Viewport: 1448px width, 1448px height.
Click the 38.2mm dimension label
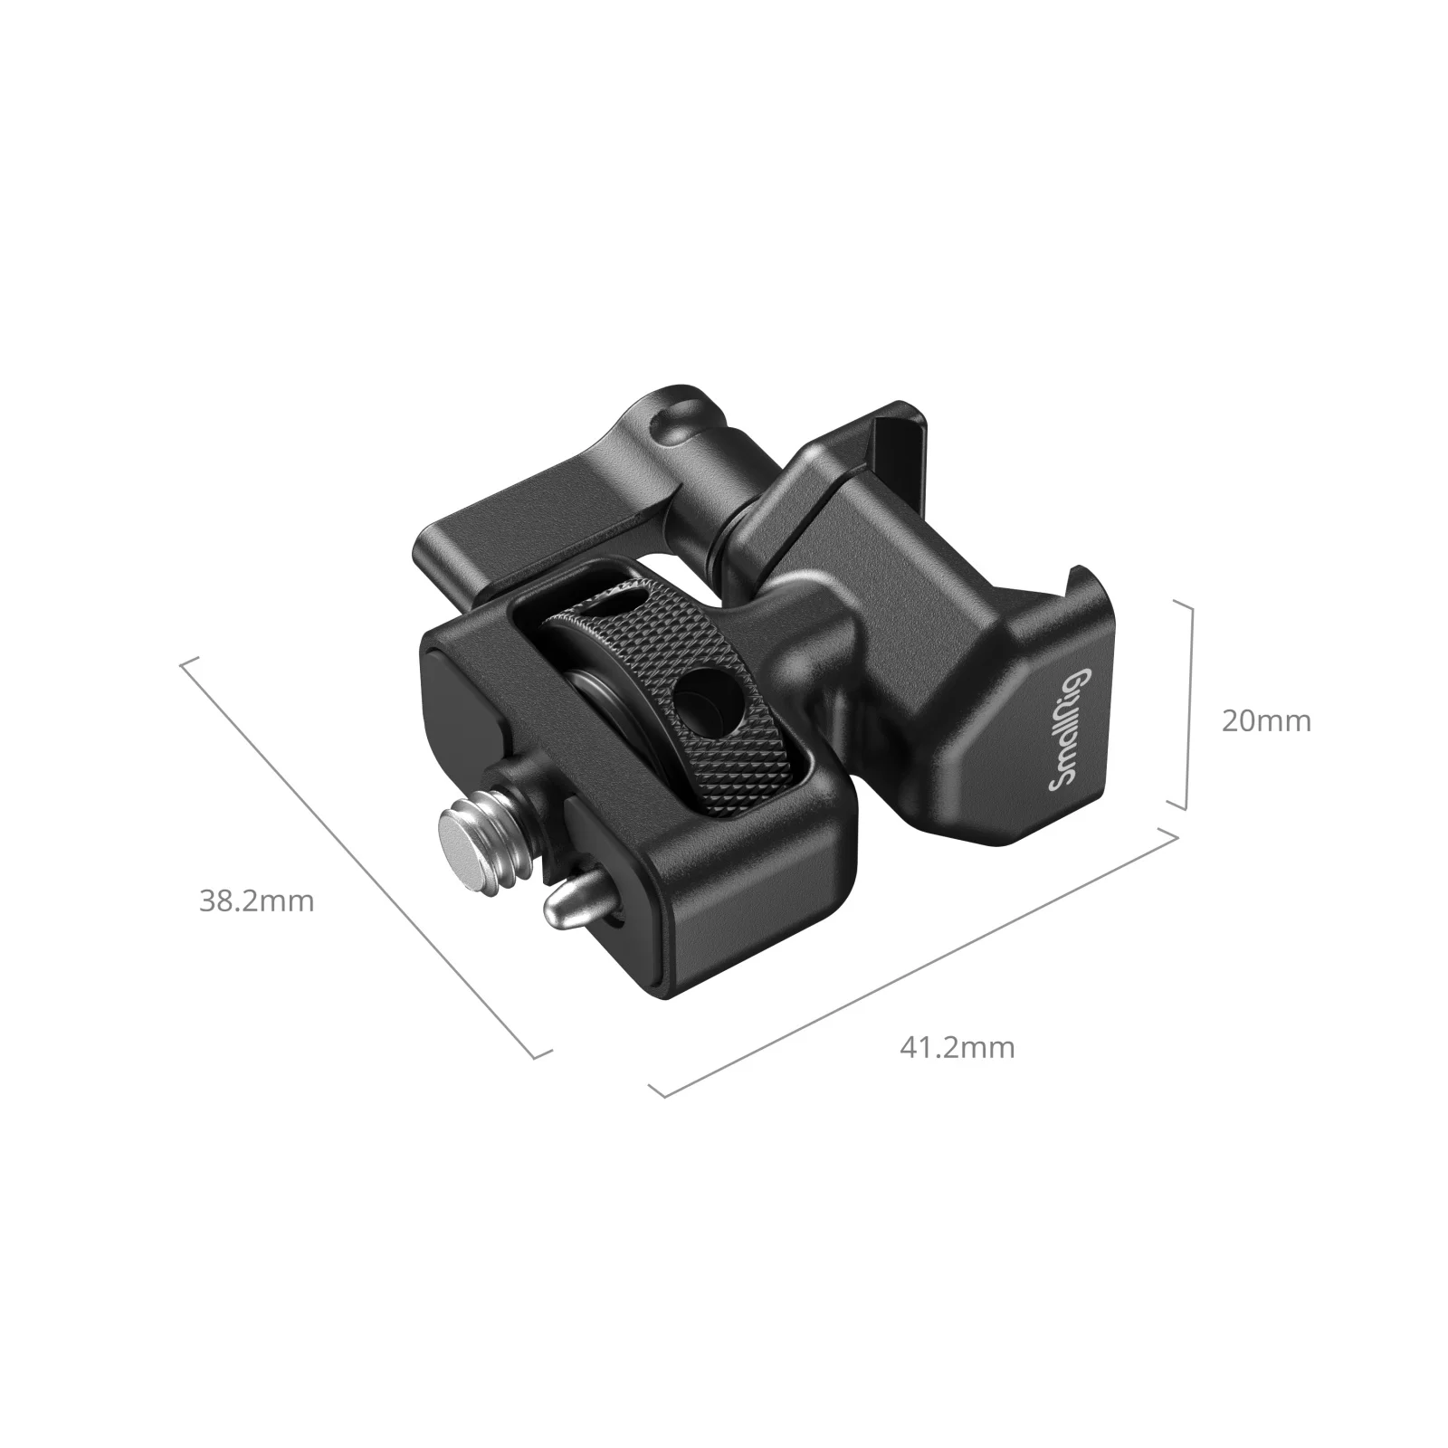tap(256, 901)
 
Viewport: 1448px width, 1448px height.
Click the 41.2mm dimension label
tap(957, 1048)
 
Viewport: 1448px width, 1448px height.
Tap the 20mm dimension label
tap(1265, 720)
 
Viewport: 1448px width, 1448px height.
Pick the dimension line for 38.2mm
tap(362, 854)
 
